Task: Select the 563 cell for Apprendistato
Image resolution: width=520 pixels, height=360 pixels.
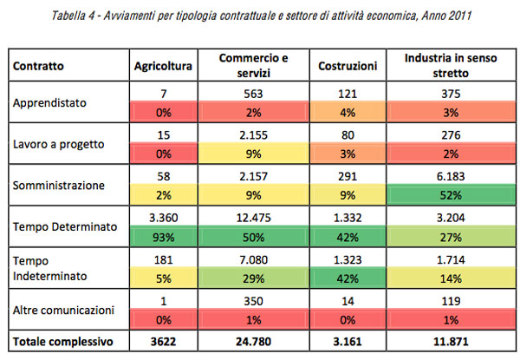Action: tap(253, 94)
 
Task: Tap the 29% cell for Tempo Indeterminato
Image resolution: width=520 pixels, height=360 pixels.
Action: tap(253, 278)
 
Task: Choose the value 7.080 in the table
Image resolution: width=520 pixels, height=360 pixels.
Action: tap(253, 258)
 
